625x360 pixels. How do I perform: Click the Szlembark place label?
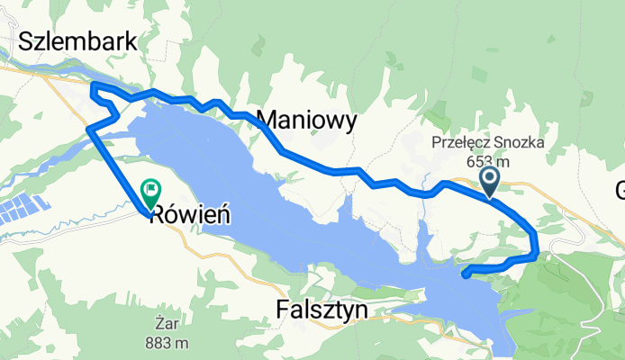(x=77, y=41)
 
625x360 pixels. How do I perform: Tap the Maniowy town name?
(x=307, y=119)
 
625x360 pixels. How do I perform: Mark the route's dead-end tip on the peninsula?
(x=464, y=274)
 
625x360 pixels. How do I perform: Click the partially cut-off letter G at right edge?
(x=620, y=191)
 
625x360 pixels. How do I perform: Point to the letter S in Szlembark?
(x=25, y=41)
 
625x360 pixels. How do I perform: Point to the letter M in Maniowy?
(x=267, y=119)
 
